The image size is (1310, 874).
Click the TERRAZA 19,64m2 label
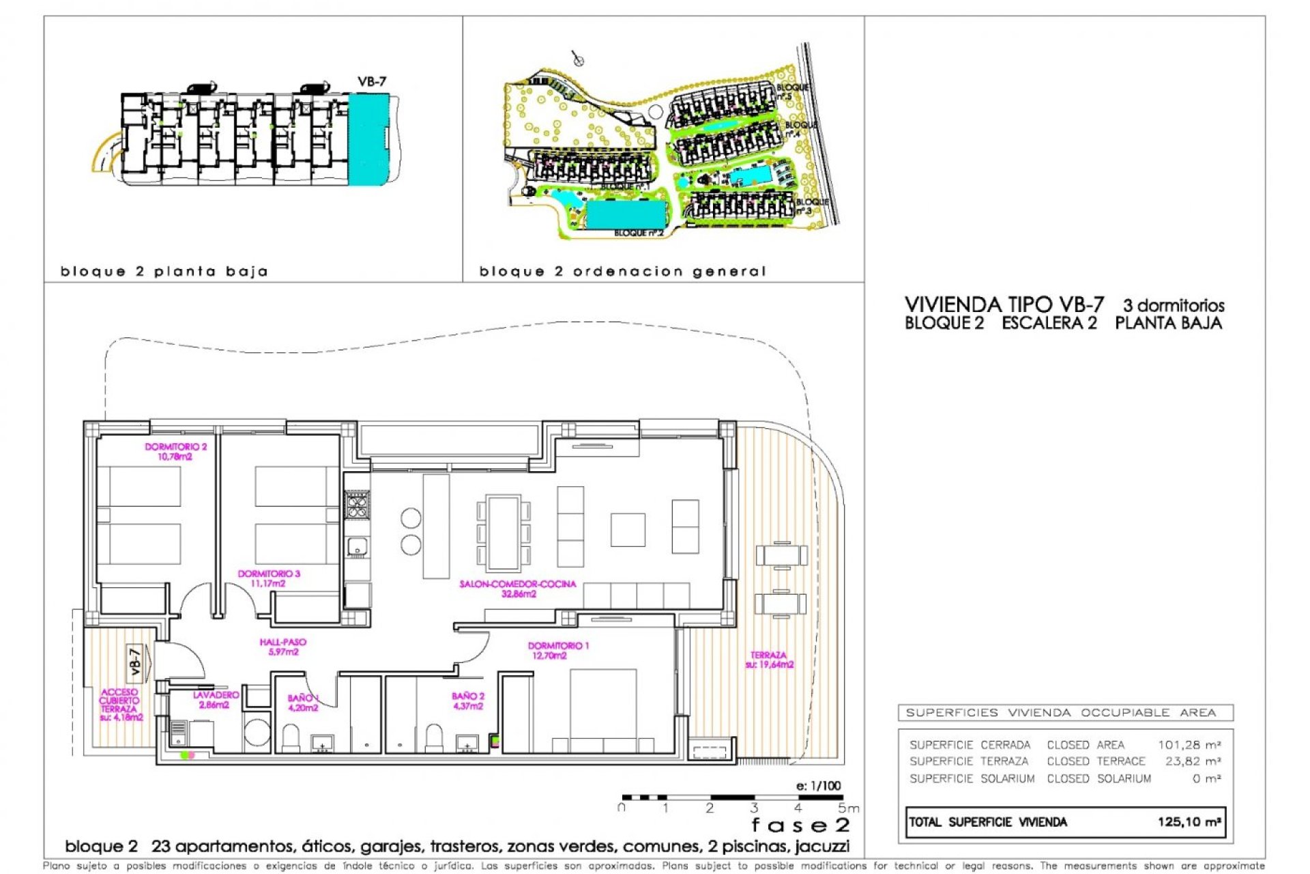(x=769, y=660)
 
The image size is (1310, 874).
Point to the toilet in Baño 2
(x=434, y=737)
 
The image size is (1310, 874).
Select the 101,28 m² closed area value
(x=1189, y=744)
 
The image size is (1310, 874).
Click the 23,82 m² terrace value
(x=1192, y=761)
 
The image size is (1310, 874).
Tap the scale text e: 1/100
(x=818, y=785)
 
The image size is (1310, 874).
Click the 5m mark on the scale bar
(x=848, y=808)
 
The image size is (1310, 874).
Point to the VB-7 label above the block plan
(x=372, y=81)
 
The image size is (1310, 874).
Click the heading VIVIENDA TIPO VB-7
(x=1004, y=305)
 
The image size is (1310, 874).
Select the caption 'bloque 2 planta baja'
(x=164, y=272)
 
